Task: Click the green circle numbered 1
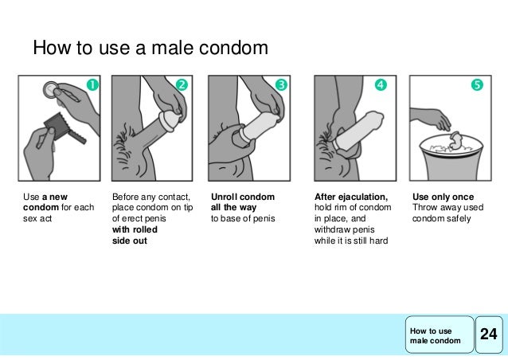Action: click(x=92, y=85)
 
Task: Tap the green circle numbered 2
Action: click(x=182, y=84)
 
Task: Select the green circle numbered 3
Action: click(x=281, y=84)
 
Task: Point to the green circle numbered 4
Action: click(x=381, y=84)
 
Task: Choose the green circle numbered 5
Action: click(x=477, y=84)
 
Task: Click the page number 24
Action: click(x=489, y=334)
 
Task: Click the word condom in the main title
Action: click(x=233, y=48)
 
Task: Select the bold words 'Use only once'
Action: click(x=443, y=197)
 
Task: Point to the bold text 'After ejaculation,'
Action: click(x=351, y=197)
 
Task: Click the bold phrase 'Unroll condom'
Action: click(x=243, y=197)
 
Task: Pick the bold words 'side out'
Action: click(x=130, y=241)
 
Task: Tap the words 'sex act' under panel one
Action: click(x=37, y=218)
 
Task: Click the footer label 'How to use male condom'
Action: click(x=435, y=335)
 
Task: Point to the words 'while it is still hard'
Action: click(x=351, y=241)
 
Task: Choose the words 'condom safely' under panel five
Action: click(x=441, y=219)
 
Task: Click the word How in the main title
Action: click(x=52, y=48)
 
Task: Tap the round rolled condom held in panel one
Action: click(x=51, y=89)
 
